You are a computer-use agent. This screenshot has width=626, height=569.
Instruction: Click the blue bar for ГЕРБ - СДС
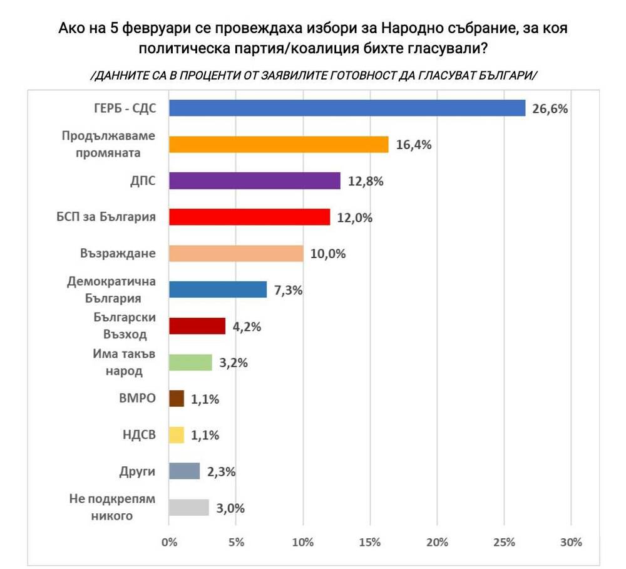347,108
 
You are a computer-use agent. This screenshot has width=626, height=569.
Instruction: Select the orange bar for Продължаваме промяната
279,145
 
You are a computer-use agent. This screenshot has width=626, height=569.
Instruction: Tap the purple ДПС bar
255,181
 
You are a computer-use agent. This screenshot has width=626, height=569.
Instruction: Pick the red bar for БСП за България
249,217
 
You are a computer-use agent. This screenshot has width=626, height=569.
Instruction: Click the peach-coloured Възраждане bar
236,254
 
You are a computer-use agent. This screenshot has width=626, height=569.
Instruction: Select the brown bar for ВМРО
177,399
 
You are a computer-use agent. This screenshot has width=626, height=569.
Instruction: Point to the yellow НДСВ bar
177,435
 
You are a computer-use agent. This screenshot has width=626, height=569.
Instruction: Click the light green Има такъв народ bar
190,363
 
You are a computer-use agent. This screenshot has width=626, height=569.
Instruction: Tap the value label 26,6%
550,109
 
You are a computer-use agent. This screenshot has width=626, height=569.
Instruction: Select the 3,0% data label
230,508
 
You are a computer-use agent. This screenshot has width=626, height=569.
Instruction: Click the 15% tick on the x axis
370,542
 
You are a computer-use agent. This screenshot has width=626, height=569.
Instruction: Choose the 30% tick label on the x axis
571,542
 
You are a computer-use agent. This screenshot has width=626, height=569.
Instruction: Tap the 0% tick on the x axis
169,542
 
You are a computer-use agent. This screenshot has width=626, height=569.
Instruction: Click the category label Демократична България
111,290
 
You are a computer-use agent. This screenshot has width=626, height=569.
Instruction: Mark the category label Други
137,471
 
